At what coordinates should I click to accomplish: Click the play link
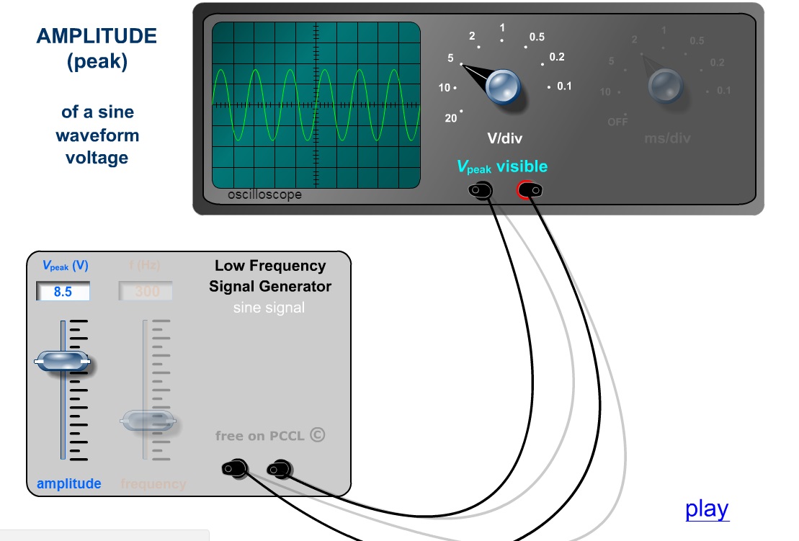click(x=707, y=509)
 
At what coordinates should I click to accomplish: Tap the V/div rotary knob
click(x=502, y=86)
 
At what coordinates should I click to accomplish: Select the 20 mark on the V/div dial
click(x=452, y=118)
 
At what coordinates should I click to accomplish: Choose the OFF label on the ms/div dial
click(x=618, y=122)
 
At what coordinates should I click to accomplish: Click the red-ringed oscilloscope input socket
click(x=530, y=190)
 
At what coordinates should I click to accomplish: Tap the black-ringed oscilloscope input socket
click(x=481, y=190)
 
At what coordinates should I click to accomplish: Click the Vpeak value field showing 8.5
click(x=63, y=292)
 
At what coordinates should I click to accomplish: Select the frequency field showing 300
click(x=146, y=292)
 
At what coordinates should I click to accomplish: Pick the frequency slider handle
click(x=147, y=420)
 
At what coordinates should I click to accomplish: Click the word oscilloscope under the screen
click(x=264, y=195)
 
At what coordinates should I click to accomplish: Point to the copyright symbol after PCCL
click(x=317, y=434)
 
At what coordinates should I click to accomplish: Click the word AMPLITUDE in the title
click(x=97, y=36)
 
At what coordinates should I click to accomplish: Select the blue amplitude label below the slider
click(x=69, y=483)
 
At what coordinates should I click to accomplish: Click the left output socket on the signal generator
click(x=235, y=469)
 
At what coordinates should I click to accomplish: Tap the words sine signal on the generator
click(x=269, y=308)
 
